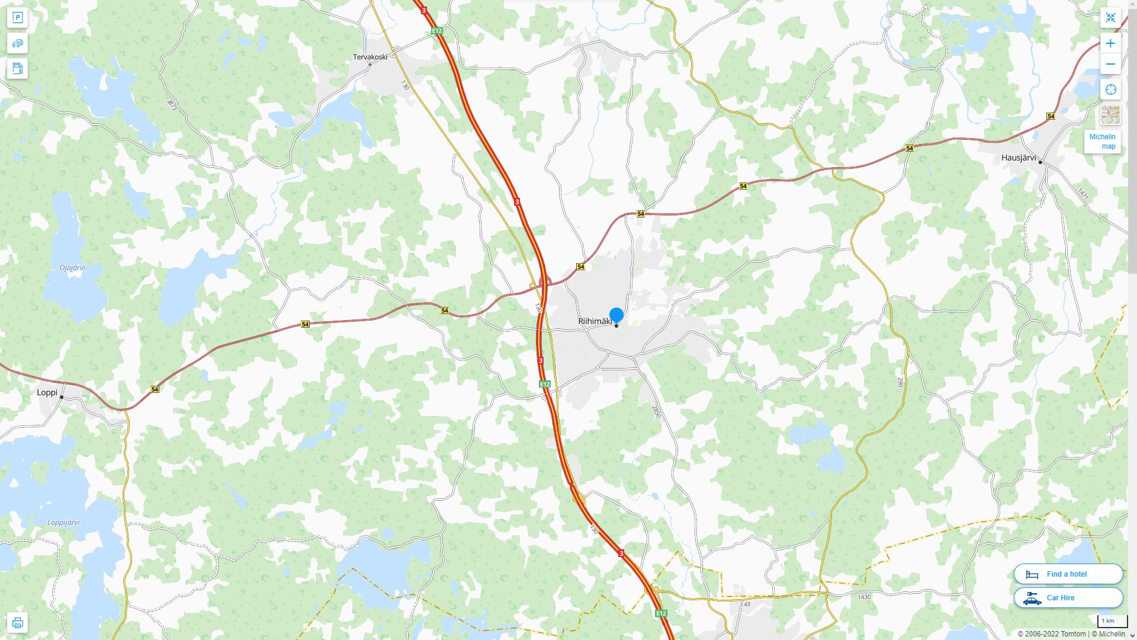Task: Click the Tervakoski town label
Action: tap(370, 57)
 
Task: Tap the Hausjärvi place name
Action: tap(1019, 158)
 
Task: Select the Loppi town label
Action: tap(47, 392)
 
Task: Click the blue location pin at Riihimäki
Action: tap(616, 315)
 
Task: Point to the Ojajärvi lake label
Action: tap(72, 268)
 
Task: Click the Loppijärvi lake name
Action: tap(63, 523)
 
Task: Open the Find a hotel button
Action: tap(1068, 574)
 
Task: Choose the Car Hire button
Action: tap(1068, 597)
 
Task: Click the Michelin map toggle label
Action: tap(1103, 142)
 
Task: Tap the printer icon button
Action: tap(17, 623)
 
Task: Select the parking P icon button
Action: tap(17, 18)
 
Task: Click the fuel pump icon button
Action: tap(17, 68)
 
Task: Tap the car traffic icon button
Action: tap(17, 43)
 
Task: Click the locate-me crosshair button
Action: tap(1110, 89)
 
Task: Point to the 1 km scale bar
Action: tap(1112, 621)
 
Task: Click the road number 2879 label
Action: tap(172, 105)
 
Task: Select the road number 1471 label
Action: tap(1083, 193)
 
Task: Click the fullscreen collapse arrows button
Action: tap(1110, 18)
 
